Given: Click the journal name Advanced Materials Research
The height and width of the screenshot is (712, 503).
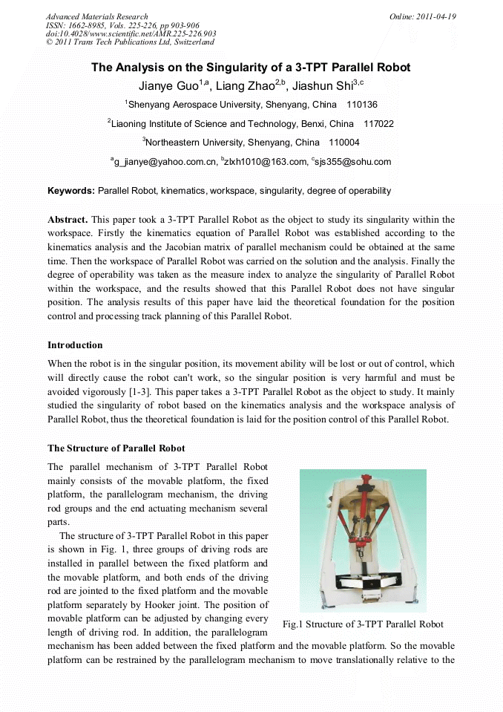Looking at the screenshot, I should pyautogui.click(x=96, y=16).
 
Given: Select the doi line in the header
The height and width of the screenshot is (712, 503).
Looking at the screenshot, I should pyautogui.click(x=131, y=33).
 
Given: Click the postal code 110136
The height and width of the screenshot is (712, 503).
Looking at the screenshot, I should pyautogui.click(x=362, y=105).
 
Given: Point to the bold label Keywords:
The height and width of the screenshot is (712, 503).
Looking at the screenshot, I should pyautogui.click(x=71, y=191).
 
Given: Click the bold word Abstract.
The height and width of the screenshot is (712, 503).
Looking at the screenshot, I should pyautogui.click(x=68, y=220).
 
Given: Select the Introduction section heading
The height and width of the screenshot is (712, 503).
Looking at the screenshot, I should pyautogui.click(x=75, y=345).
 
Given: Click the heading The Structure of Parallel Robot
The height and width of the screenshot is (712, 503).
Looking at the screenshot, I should pyautogui.click(x=116, y=448).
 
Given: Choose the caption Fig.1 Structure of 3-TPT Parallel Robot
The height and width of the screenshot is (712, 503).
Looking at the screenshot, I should pyautogui.click(x=363, y=624).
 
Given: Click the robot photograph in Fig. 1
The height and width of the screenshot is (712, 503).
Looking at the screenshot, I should pyautogui.click(x=362, y=540).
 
